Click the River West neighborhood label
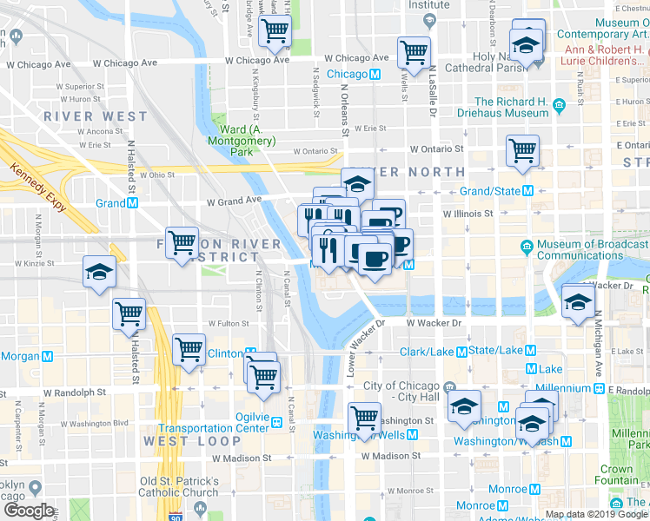(x=103, y=116)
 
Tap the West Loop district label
(x=180, y=441)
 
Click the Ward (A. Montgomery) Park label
(x=248, y=141)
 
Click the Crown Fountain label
(x=616, y=475)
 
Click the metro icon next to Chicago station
(x=375, y=75)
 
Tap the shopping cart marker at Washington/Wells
(x=364, y=419)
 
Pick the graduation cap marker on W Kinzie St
(x=99, y=271)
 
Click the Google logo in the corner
(x=30, y=511)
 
